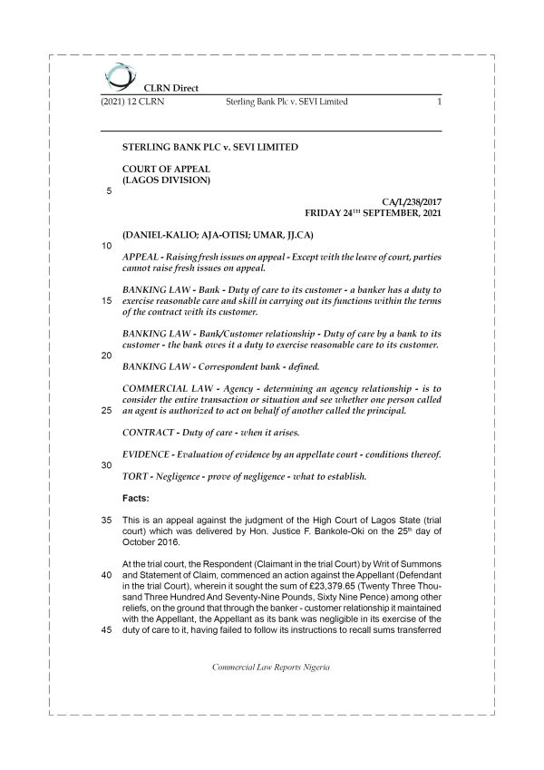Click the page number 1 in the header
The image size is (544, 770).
[439, 102]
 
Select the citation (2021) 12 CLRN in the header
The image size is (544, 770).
[133, 102]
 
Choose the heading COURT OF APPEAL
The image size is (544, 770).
[166, 168]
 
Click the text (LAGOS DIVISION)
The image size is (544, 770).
[166, 180]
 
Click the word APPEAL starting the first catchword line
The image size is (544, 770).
[141, 257]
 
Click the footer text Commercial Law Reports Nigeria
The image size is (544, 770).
[270, 667]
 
